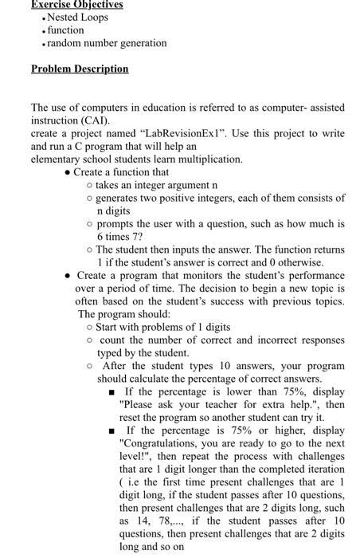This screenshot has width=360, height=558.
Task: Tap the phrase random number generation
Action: (107, 42)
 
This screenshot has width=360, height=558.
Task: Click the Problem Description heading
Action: (79, 69)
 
